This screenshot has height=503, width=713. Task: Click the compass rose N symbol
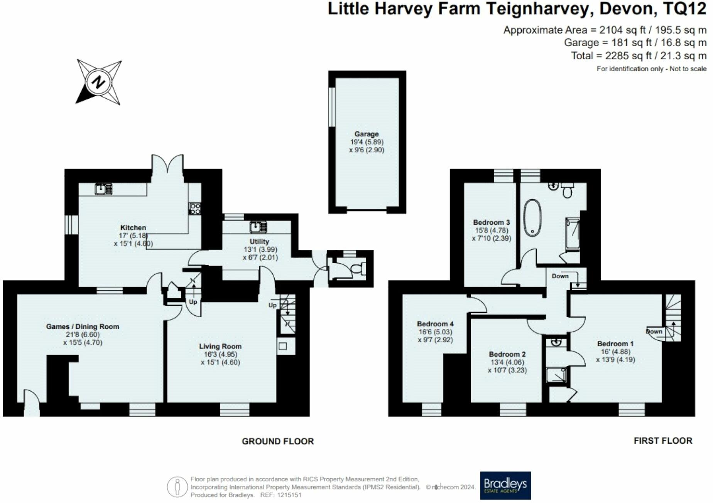pos(99,82)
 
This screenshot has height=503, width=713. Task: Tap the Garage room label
pos(367,134)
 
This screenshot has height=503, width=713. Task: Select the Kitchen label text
pos(133,227)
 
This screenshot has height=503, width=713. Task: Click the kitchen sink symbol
pos(103,189)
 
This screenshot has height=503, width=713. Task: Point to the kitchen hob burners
pos(195,209)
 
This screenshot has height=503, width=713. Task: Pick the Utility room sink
pos(258,227)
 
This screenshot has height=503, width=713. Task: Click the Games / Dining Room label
pos(83,326)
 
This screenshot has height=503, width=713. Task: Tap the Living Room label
pos(220,346)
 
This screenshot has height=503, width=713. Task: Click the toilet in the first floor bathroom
pos(567,190)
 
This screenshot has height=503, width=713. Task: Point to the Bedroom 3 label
pos(492,222)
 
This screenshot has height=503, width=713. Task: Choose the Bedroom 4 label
pos(435,324)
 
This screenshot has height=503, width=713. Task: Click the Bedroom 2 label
pos(507,354)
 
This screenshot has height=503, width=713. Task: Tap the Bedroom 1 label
pos(615,343)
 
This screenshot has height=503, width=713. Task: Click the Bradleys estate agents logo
pos(505,485)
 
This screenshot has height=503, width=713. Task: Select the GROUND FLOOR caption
pos(278,441)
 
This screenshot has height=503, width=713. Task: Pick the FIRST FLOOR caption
pos(663,441)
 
